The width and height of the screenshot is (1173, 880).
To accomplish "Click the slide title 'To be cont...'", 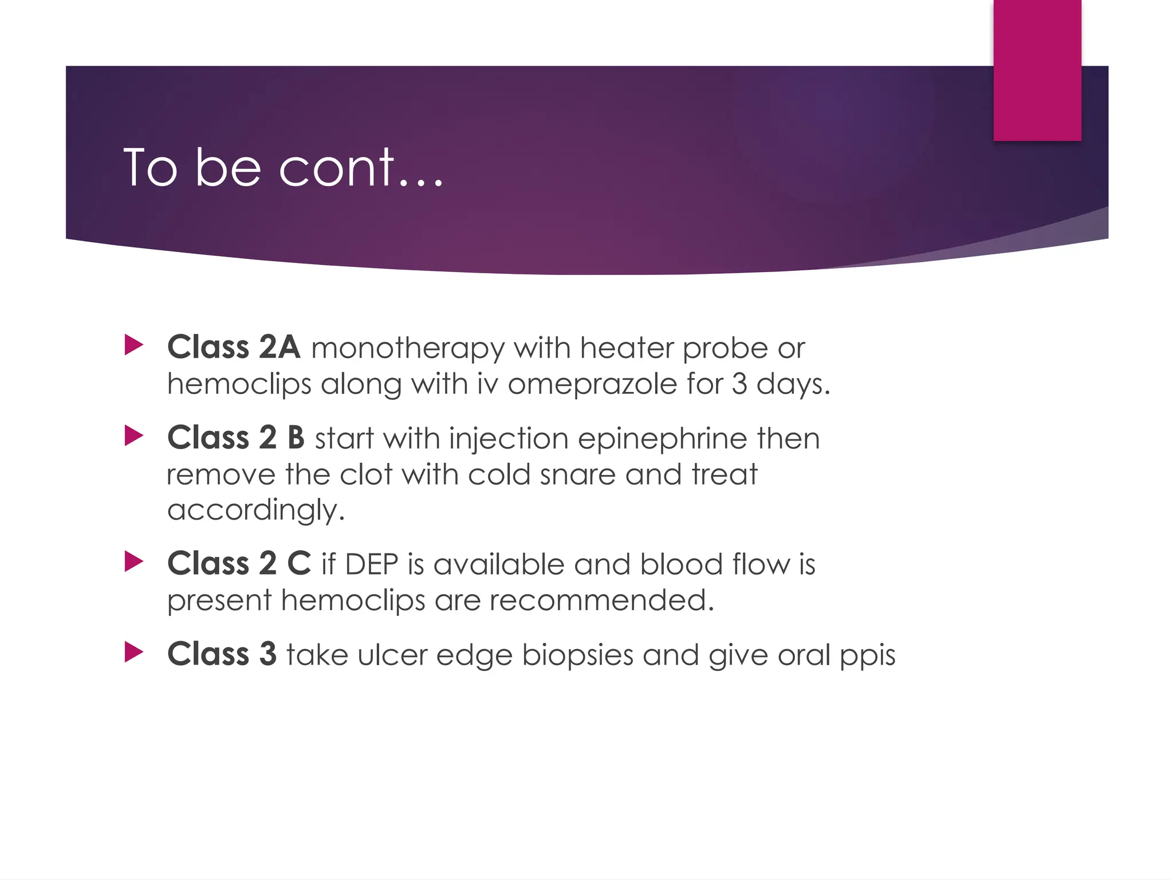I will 283,167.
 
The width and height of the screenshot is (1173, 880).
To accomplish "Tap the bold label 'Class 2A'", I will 234,347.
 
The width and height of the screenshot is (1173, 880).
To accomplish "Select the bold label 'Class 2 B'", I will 236,438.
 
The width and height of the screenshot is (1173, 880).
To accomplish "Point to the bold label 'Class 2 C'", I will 239,563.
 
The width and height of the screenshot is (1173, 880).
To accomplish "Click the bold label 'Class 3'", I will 222,654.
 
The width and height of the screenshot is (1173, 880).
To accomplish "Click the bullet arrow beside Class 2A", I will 133,345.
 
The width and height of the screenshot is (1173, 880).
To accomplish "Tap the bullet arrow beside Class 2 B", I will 133,436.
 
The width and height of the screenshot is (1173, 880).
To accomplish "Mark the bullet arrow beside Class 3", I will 133,652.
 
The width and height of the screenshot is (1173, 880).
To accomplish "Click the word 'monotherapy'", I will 407,348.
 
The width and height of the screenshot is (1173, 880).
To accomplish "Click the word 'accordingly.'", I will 256,510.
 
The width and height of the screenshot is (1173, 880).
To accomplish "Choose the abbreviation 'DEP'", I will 371,564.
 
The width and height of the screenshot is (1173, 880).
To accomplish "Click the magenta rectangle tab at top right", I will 1037,70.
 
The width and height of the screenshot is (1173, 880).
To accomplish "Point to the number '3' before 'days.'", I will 739,383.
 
